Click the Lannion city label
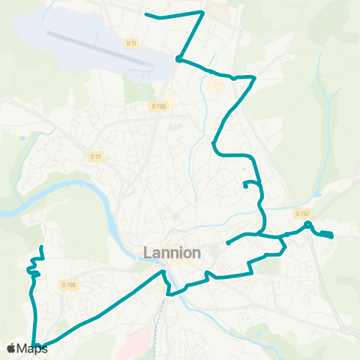click(x=172, y=253)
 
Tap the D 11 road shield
click(x=133, y=44)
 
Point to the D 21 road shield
click(x=95, y=156)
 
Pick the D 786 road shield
click(x=69, y=284)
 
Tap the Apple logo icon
click(x=11, y=348)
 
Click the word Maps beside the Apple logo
click(x=32, y=348)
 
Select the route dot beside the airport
click(x=178, y=58)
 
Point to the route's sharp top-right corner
click(x=203, y=12)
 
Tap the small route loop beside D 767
click(x=308, y=224)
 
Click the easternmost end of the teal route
click(x=331, y=237)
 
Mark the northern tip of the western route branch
click(x=41, y=247)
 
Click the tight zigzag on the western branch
click(x=33, y=270)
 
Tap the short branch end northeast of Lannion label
click(x=227, y=243)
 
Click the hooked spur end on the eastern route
click(x=245, y=185)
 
